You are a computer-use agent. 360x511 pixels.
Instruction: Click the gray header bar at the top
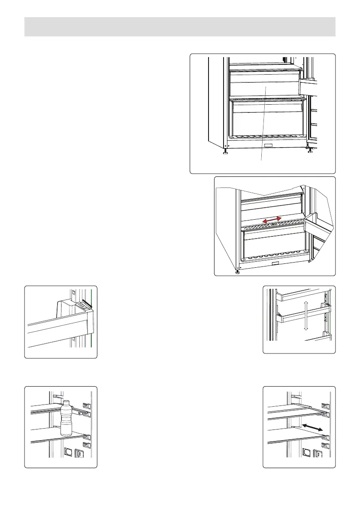[180, 27]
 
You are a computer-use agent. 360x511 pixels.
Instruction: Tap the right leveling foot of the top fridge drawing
[309, 150]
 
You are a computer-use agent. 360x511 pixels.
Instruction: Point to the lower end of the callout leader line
[261, 160]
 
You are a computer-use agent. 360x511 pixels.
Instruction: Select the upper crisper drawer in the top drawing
[263, 84]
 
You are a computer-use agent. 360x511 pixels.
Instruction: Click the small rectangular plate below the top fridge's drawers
[269, 146]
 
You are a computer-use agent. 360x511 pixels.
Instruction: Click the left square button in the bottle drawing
[68, 452]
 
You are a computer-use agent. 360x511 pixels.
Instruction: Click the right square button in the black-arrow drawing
[318, 453]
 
